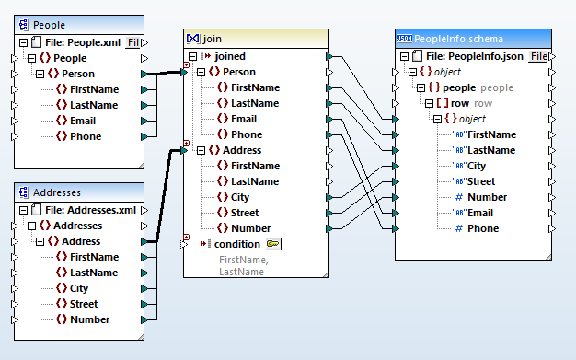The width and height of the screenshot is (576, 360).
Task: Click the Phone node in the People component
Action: pyautogui.click(x=86, y=136)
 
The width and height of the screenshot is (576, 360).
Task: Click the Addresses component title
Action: pyautogui.click(x=57, y=192)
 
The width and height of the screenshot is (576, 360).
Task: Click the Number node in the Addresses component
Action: pyautogui.click(x=89, y=319)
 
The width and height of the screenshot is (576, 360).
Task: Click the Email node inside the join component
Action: pyautogui.click(x=243, y=119)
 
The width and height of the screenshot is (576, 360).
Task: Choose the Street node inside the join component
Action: pyautogui.click(x=244, y=213)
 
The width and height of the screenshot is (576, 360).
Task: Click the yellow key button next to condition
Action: pyautogui.click(x=273, y=244)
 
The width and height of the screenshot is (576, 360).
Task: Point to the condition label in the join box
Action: pyautogui.click(x=236, y=244)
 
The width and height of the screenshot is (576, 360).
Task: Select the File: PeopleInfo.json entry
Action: pyautogui.click(x=482, y=56)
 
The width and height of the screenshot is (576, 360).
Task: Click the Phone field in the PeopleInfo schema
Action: pyautogui.click(x=483, y=228)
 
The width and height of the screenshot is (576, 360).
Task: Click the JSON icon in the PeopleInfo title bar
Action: pyautogui.click(x=404, y=39)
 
